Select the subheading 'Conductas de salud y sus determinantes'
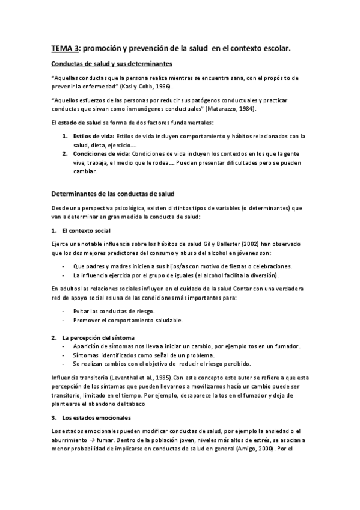pos(112,63)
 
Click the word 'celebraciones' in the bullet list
pos(272,266)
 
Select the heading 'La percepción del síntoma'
pos(98,337)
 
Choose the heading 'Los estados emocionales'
pos(96,417)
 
